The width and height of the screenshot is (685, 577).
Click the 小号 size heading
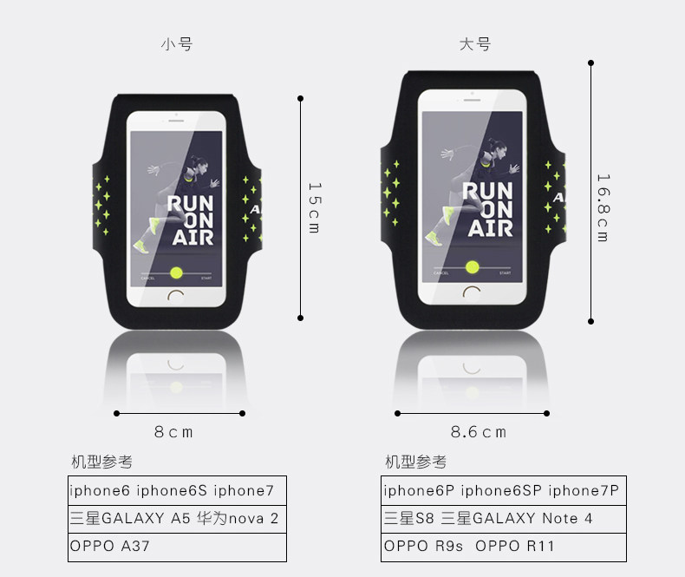(176, 44)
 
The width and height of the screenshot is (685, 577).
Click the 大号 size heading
(475, 44)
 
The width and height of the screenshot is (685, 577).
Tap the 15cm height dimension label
(314, 207)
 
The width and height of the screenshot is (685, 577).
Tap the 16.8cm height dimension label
(603, 207)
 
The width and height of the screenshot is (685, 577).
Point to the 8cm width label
(174, 431)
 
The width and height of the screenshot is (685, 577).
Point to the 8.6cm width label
(478, 431)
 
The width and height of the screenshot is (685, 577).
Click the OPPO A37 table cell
(177, 547)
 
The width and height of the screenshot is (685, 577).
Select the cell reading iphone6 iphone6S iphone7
(177, 490)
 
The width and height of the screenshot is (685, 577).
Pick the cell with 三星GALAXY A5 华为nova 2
(177, 519)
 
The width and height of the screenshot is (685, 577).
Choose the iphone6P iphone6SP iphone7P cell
(503, 490)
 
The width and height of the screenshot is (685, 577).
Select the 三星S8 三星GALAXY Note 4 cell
(503, 519)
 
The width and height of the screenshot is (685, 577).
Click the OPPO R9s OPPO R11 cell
(503, 547)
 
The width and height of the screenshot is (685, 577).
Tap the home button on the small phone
(177, 295)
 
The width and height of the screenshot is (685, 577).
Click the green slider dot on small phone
(177, 272)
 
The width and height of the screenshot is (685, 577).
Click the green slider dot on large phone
(473, 266)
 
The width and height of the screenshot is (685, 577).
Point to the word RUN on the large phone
(486, 193)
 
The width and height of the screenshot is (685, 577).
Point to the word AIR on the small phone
(189, 236)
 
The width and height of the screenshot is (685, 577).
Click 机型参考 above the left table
(101, 462)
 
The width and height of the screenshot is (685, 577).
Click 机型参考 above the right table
(416, 462)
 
